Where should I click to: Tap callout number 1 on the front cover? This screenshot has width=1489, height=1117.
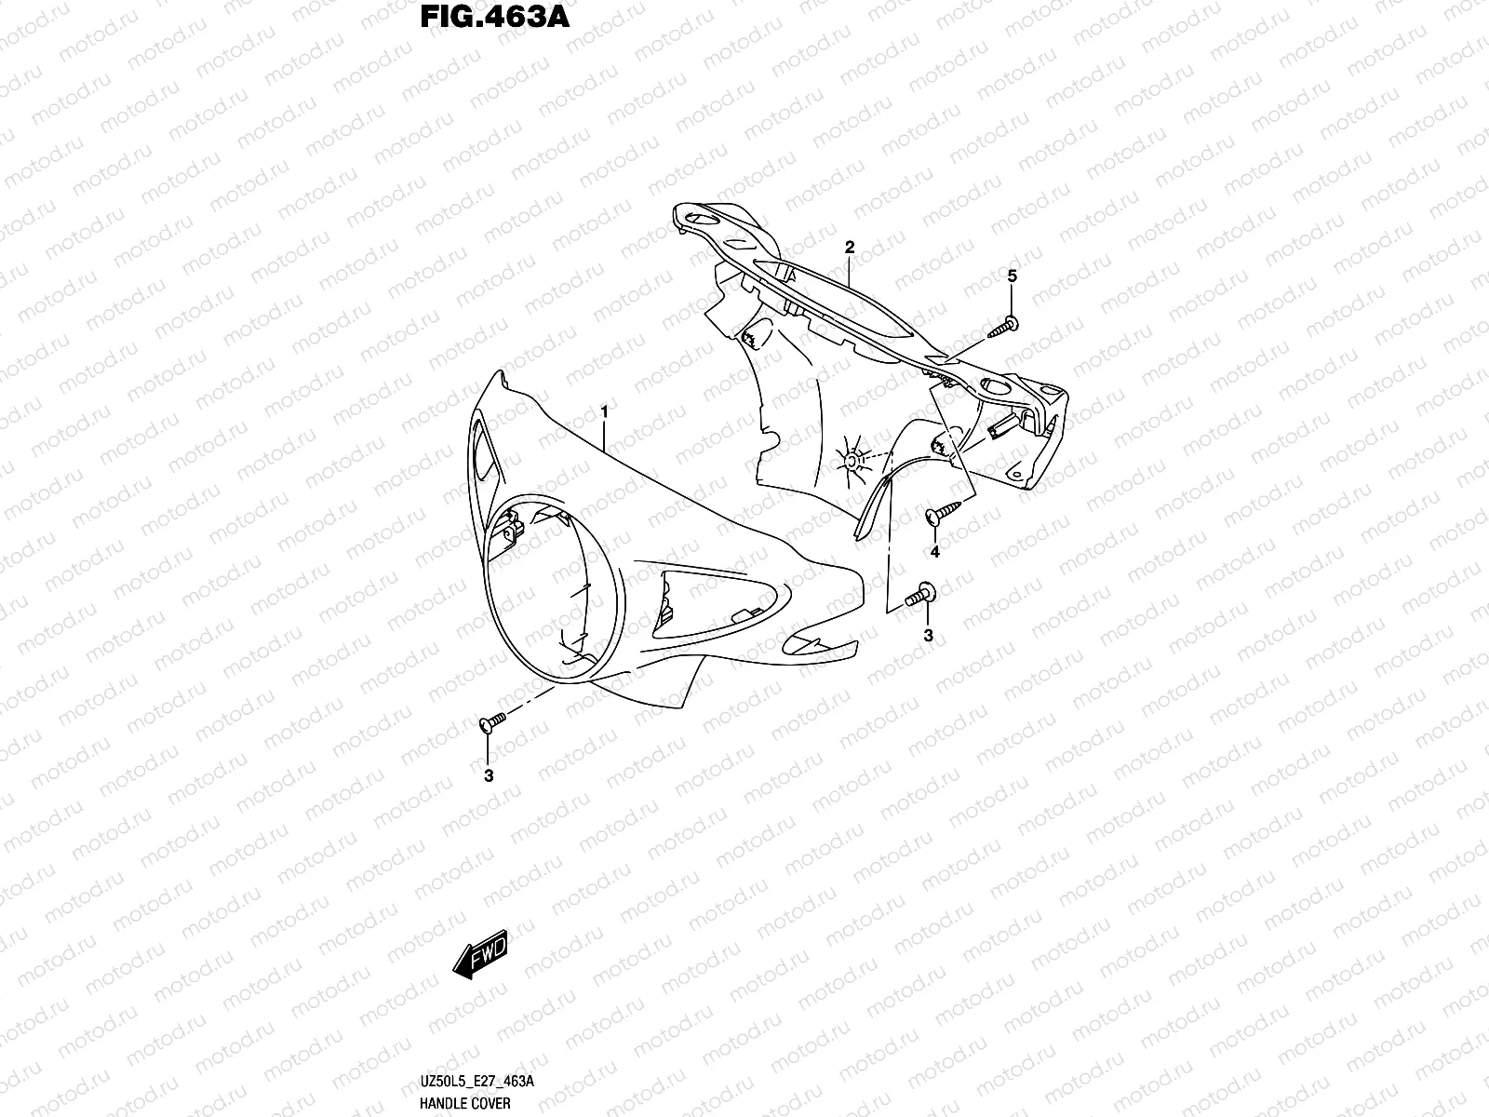click(605, 410)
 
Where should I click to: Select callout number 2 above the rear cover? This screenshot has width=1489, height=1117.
click(849, 247)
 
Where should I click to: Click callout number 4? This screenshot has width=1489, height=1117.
click(934, 552)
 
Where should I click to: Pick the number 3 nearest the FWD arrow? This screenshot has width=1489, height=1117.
click(488, 774)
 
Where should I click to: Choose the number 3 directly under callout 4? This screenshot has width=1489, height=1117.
click(928, 635)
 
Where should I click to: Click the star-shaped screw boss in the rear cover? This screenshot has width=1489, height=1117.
click(851, 459)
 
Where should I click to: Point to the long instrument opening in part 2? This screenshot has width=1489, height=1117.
click(838, 298)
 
